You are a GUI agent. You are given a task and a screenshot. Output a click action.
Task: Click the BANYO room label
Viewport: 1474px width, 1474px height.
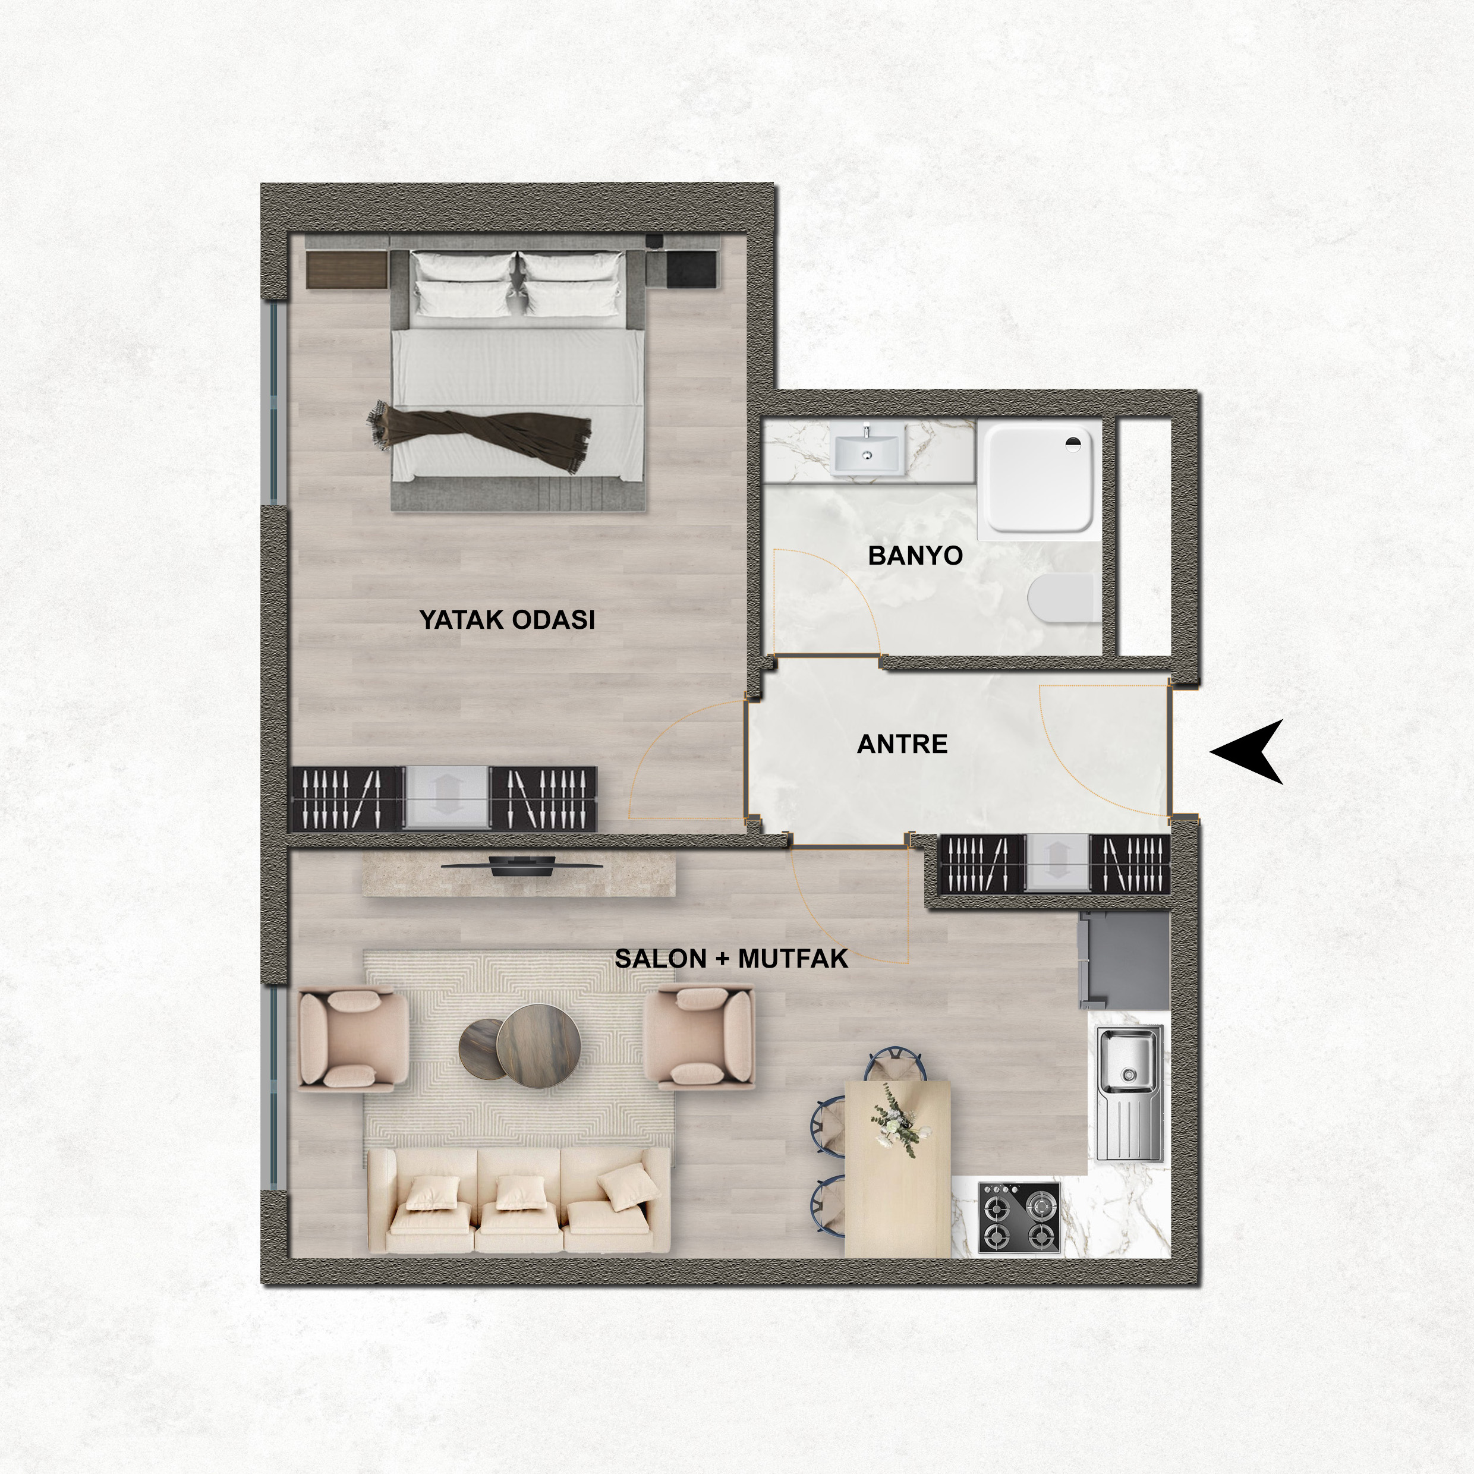pyautogui.click(x=915, y=555)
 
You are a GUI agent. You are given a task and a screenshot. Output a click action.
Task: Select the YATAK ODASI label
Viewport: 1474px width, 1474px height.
pyautogui.click(x=506, y=619)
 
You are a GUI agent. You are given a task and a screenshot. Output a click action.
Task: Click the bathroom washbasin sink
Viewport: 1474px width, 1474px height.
pyautogui.click(x=868, y=449)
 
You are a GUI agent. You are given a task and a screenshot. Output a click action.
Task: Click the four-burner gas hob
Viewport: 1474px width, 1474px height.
pyautogui.click(x=1019, y=1217)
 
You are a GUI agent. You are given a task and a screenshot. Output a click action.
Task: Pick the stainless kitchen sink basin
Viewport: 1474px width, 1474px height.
pyautogui.click(x=1129, y=1059)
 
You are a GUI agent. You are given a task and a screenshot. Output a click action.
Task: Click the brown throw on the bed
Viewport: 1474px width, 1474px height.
pyautogui.click(x=481, y=436)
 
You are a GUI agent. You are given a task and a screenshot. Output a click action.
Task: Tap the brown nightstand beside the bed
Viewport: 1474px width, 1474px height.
pyautogui.click(x=347, y=269)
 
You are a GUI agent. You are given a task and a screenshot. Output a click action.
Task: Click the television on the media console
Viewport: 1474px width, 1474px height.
pyautogui.click(x=522, y=867)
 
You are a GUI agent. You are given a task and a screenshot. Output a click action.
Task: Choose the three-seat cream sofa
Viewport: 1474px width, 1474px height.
pyautogui.click(x=519, y=1200)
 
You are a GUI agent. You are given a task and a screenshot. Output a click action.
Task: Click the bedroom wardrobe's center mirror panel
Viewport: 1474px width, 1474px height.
pyautogui.click(x=446, y=797)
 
